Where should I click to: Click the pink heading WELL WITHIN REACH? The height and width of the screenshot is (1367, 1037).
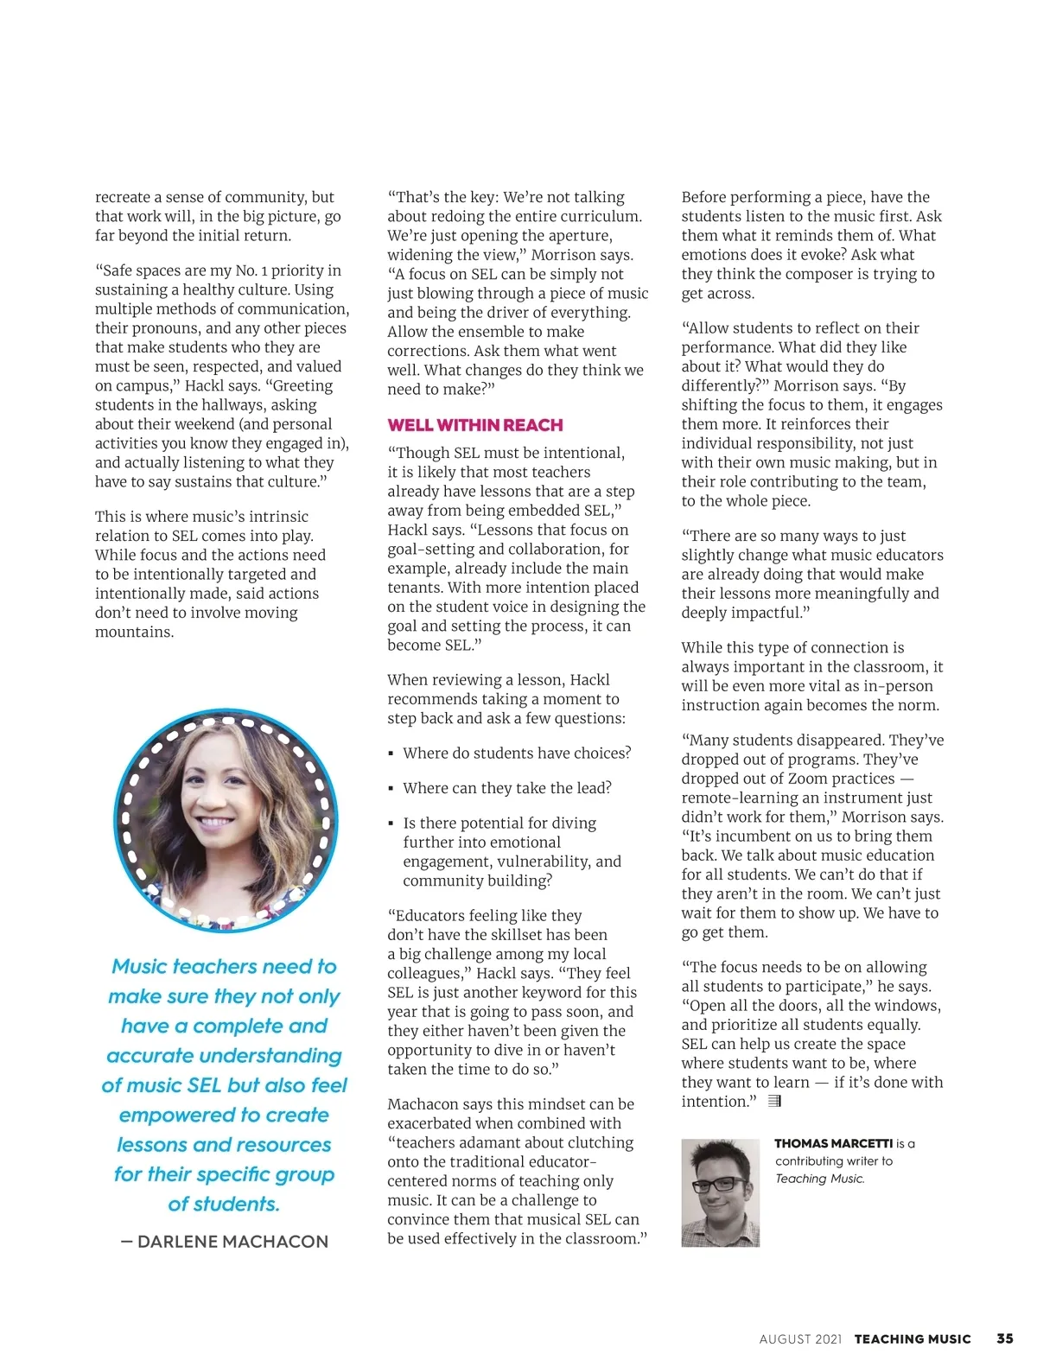[474, 425]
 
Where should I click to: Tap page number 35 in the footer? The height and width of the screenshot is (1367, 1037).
[1004, 1338]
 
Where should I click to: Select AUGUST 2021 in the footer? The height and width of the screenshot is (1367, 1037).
[799, 1339]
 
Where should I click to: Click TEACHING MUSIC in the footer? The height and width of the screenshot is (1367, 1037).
[913, 1339]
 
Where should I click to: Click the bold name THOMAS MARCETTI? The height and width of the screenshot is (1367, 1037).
[833, 1143]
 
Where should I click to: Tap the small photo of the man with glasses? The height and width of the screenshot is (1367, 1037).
[720, 1192]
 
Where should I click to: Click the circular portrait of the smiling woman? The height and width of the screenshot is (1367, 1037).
[226, 821]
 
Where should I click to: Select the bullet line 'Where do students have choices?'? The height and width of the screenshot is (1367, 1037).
[516, 753]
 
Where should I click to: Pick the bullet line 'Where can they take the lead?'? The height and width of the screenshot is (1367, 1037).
[506, 788]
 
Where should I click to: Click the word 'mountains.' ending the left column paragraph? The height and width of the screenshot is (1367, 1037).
[134, 632]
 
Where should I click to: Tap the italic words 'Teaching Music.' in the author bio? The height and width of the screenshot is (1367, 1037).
[819, 1179]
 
